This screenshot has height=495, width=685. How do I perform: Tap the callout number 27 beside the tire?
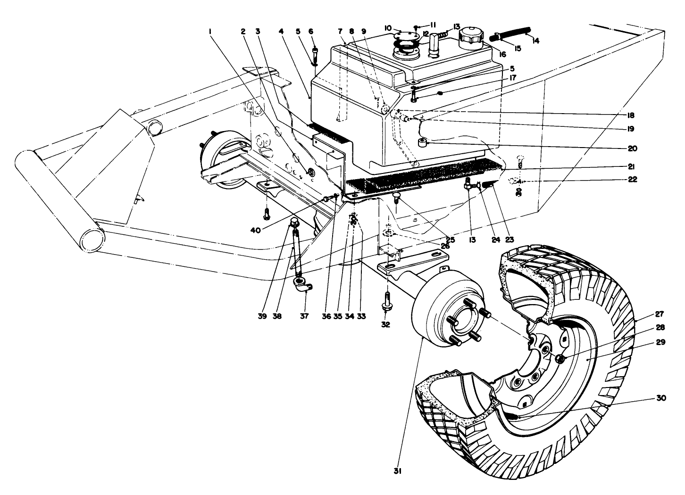pyautogui.click(x=660, y=313)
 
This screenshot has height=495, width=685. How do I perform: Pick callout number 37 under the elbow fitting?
pyautogui.click(x=304, y=316)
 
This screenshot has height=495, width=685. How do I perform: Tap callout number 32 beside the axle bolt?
pyautogui.click(x=386, y=324)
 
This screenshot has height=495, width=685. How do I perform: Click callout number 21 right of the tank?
pyautogui.click(x=632, y=166)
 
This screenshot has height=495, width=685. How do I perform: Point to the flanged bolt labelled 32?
pyautogui.click(x=387, y=302)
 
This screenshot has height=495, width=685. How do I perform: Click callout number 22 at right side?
pyautogui.click(x=632, y=180)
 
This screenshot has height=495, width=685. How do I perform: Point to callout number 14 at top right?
pyautogui.click(x=535, y=40)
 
